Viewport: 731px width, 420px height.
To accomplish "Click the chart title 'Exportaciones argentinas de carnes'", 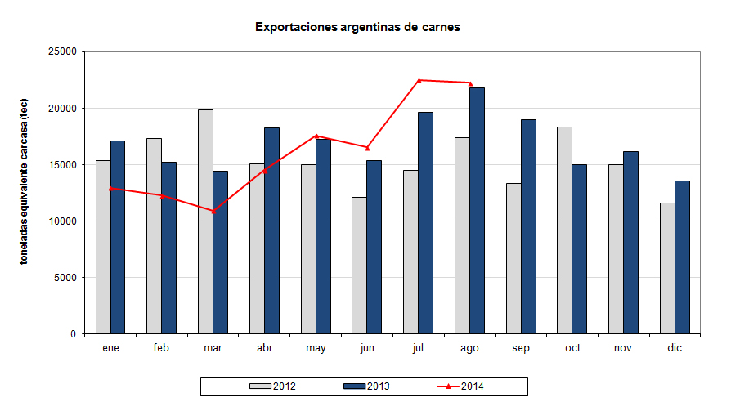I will click(x=357, y=27).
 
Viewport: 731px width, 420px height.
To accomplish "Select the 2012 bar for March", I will click(x=205, y=221).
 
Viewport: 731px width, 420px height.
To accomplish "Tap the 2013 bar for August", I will click(x=477, y=210).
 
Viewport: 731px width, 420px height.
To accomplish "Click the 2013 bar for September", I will click(x=528, y=226).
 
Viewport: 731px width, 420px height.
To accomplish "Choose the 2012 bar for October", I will click(x=564, y=230).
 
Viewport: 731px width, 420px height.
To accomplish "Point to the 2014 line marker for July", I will click(x=419, y=80).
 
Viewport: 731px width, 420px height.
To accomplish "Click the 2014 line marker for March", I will click(x=213, y=211).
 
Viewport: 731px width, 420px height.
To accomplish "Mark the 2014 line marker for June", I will click(x=367, y=147).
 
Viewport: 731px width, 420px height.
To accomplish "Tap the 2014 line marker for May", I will click(x=316, y=136).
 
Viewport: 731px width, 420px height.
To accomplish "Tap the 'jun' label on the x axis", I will click(x=367, y=348).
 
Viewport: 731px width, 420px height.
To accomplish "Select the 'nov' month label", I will click(x=623, y=348).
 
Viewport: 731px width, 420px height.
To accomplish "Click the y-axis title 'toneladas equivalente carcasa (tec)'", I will click(x=25, y=193).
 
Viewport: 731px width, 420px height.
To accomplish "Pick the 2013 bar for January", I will click(x=118, y=237).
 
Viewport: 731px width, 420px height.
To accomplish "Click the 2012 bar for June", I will click(x=359, y=266).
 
